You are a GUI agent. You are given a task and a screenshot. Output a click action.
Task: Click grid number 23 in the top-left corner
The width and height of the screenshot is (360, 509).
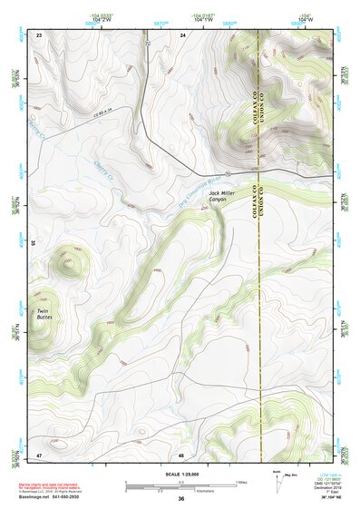[x=39, y=34]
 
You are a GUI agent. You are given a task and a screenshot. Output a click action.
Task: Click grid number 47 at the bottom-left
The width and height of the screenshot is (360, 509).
[x=39, y=454]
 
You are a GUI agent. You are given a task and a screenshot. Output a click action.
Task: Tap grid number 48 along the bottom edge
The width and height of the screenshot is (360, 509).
[x=181, y=454]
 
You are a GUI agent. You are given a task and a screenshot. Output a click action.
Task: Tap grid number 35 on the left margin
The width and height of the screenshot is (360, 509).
[x=32, y=242]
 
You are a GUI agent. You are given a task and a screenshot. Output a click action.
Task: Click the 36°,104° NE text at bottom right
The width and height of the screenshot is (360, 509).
[x=321, y=498]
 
